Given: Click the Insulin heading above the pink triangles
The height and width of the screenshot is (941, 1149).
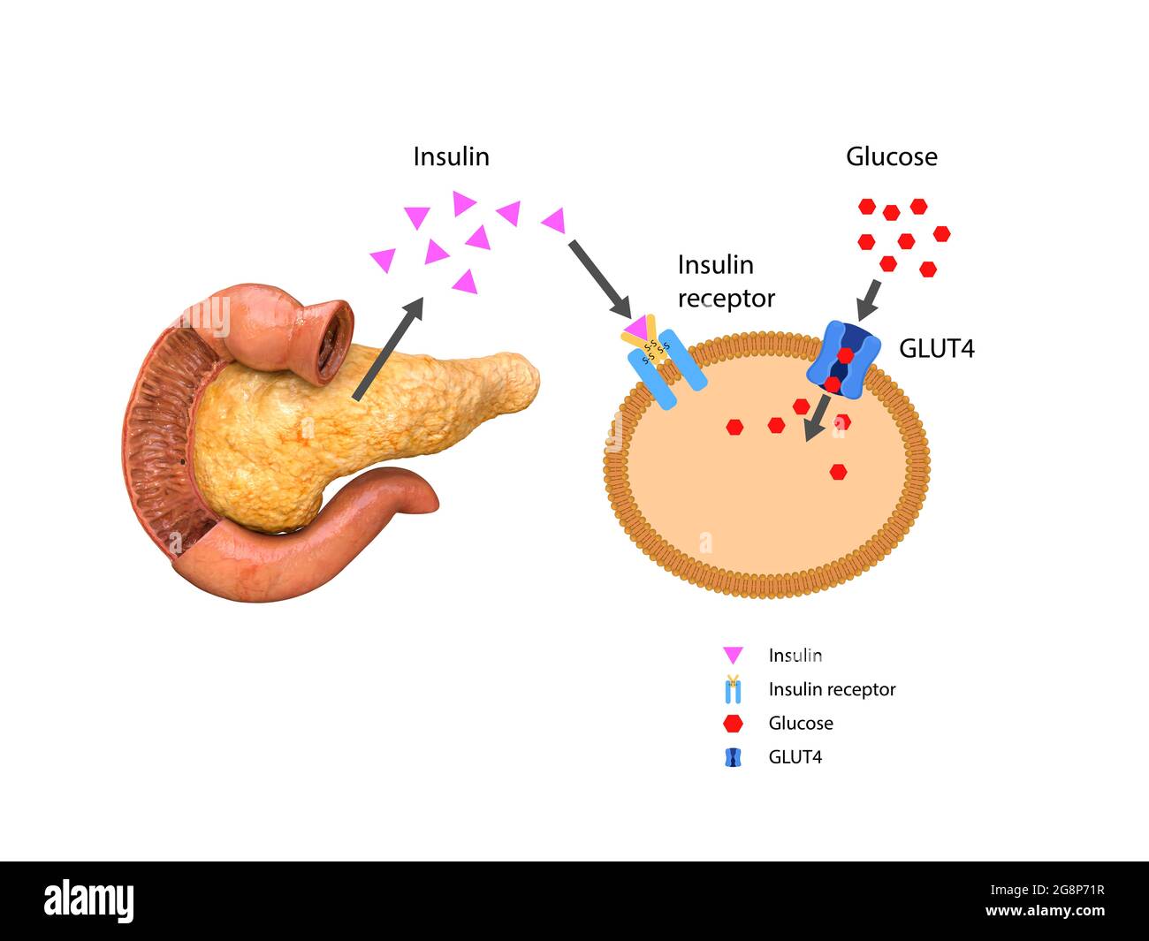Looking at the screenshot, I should pos(451,157).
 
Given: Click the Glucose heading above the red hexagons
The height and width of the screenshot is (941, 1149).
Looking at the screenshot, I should pos(891,157).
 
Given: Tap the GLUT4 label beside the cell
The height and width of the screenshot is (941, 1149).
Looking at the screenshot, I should pos(936,349).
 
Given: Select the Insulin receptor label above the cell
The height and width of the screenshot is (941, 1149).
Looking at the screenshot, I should pos(726,282).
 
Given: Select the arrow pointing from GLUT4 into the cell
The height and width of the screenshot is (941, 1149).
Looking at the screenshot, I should pos(816,418).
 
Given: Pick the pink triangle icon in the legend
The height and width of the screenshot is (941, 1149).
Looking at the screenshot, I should pos(733,656).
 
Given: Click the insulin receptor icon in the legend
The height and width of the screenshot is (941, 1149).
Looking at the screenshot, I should pos(733,689).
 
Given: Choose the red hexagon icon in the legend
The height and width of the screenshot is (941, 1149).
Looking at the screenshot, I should pos(733,724).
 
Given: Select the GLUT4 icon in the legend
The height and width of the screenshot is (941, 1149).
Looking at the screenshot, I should pos(733,757).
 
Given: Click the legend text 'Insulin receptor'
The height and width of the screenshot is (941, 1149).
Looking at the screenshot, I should pos(832,689).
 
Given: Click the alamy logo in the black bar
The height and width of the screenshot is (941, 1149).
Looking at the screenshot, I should pos(88,901).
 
